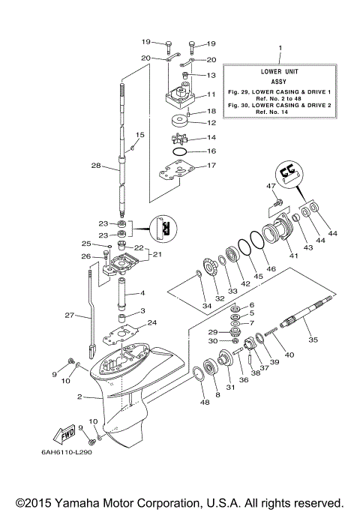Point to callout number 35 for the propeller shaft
tap(313, 340)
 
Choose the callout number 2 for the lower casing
tap(79, 397)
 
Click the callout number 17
tap(211, 166)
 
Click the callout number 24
tap(151, 323)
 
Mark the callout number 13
tap(211, 76)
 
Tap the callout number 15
tap(139, 135)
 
